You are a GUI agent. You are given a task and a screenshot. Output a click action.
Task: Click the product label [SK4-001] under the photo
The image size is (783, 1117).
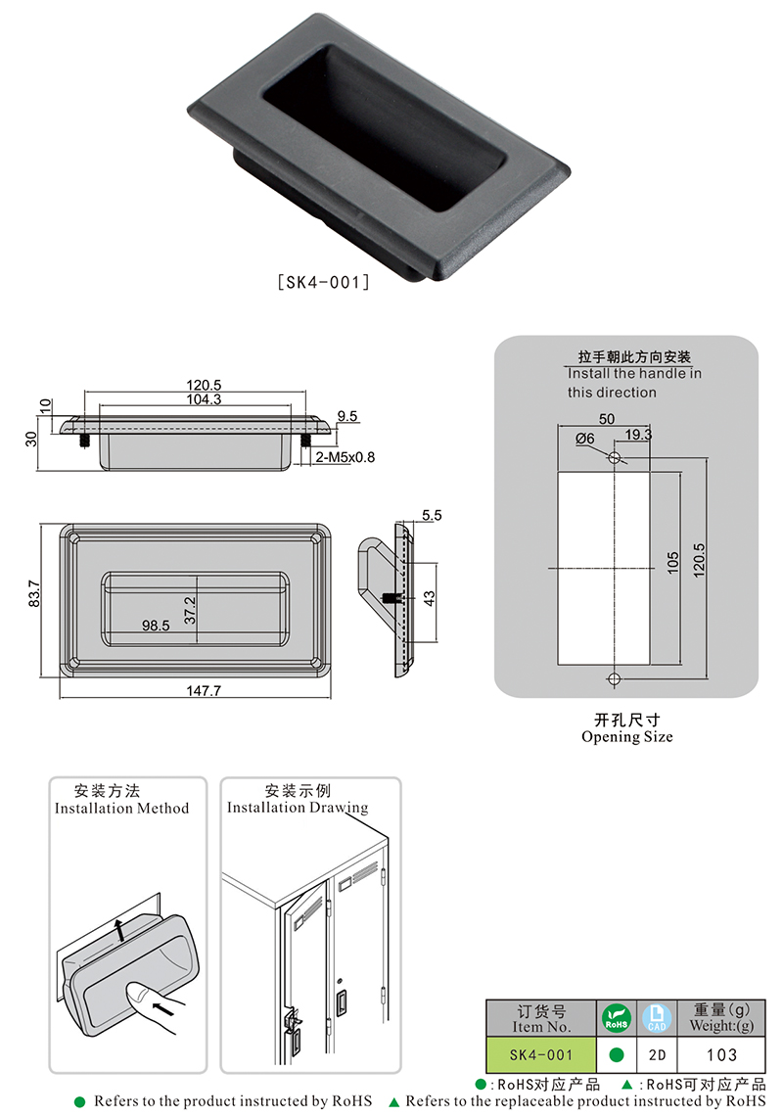click(x=322, y=282)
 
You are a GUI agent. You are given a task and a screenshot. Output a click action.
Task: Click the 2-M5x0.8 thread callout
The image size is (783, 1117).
click(x=345, y=456)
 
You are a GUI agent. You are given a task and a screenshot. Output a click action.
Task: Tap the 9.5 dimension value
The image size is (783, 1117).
click(x=347, y=416)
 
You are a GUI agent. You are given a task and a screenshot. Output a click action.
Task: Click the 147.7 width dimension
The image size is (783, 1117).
click(x=203, y=690)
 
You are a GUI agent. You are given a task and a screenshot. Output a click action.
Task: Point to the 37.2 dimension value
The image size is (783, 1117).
click(x=191, y=611)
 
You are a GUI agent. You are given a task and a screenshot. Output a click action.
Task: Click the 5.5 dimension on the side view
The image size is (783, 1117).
click(x=432, y=514)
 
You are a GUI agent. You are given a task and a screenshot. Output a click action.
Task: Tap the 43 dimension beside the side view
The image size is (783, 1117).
click(x=432, y=596)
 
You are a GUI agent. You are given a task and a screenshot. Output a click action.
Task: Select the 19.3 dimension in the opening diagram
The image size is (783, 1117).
click(x=638, y=434)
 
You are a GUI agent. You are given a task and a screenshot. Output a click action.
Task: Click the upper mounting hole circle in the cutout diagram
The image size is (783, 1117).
click(x=614, y=458)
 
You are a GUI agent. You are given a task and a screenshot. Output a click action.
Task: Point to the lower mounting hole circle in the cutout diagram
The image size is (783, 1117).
click(x=614, y=679)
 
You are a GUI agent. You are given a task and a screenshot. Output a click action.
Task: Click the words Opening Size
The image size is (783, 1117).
click(x=626, y=737)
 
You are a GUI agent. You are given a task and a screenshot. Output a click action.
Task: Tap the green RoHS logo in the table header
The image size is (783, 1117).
click(x=616, y=1018)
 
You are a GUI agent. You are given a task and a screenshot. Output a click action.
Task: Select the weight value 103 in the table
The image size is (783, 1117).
click(x=721, y=1055)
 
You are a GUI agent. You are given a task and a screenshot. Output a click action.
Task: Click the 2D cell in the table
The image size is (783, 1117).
click(x=657, y=1055)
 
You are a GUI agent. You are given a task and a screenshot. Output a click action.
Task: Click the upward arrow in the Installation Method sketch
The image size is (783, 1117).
click(x=119, y=929)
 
